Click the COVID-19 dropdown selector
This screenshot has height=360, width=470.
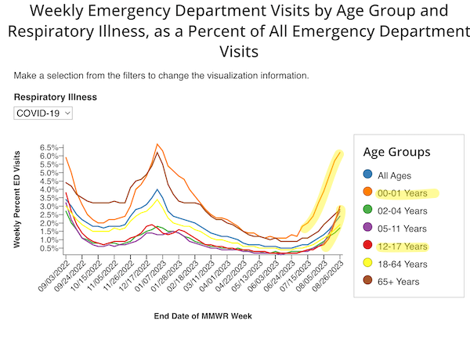[x=43, y=113]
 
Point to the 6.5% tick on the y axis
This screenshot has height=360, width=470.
[x=49, y=147]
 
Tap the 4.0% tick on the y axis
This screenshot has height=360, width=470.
[x=49, y=189]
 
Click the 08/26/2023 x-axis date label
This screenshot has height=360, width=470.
[x=330, y=277]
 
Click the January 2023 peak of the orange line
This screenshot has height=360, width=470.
[x=157, y=144]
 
